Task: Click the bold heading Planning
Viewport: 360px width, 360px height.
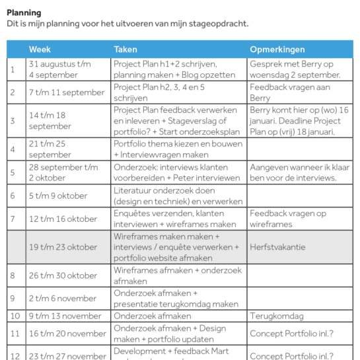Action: tap(24, 13)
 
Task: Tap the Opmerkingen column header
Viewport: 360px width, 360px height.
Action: tap(279, 50)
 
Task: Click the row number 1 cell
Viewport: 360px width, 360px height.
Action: tap(13, 69)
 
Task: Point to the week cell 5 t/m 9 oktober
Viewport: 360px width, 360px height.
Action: tap(58, 196)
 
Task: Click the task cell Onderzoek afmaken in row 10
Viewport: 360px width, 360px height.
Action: tap(152, 316)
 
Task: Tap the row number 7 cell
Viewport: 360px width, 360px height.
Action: tap(13, 219)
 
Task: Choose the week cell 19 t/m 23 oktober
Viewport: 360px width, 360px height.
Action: tap(63, 247)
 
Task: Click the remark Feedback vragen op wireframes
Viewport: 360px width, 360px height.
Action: tap(288, 219)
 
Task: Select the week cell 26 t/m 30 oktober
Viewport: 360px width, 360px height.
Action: tap(63, 275)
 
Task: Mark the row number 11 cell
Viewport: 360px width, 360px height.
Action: tap(13, 334)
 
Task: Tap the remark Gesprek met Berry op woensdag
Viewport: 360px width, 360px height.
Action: tap(294, 69)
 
